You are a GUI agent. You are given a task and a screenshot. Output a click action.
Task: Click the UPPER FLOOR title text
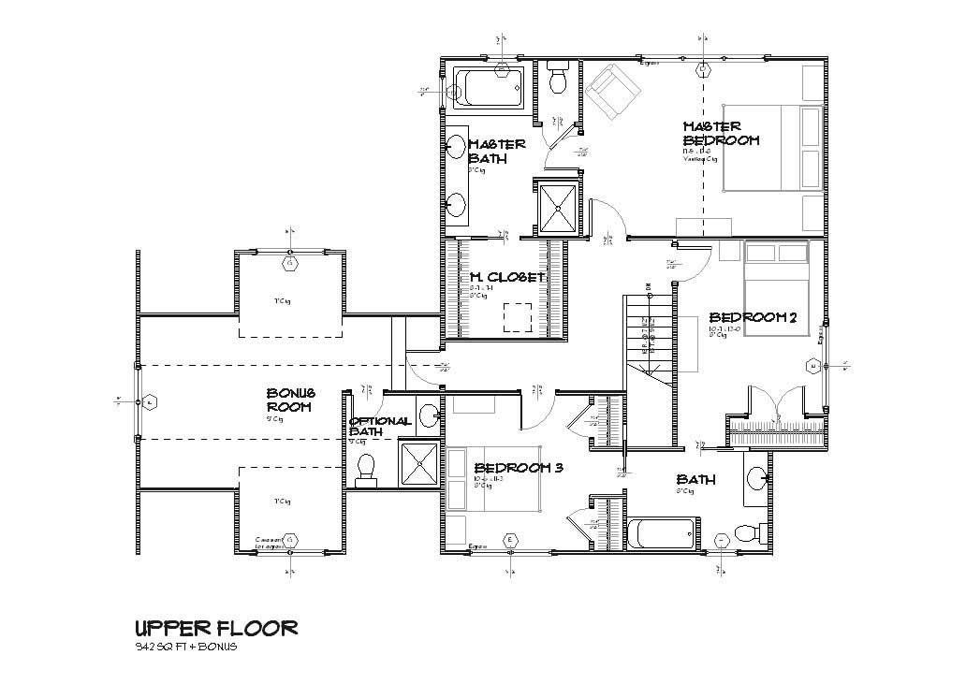216,627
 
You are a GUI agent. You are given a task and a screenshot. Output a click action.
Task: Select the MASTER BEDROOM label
720,133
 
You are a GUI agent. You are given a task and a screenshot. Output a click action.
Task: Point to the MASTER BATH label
496,151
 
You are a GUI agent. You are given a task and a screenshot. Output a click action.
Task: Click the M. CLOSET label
507,277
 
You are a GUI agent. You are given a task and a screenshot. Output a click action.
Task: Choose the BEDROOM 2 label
752,318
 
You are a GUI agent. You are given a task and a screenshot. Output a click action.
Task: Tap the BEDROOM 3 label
517,468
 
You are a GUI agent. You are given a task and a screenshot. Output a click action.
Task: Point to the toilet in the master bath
559,80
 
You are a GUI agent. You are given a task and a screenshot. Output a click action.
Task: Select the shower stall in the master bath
557,205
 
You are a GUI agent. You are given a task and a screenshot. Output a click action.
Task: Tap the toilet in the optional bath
366,468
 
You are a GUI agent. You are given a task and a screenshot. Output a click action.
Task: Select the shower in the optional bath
419,464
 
